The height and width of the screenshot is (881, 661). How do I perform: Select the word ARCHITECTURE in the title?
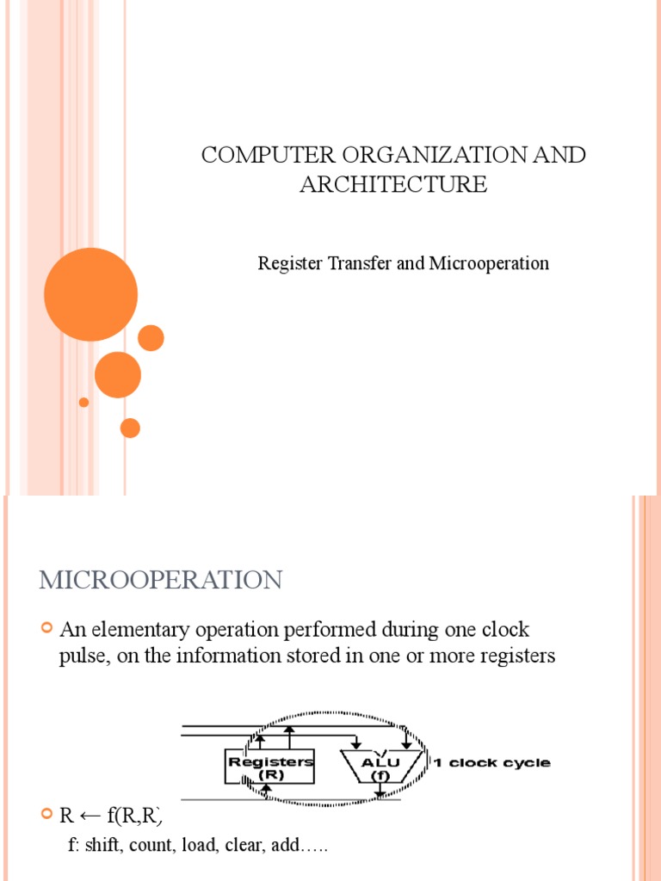click(393, 184)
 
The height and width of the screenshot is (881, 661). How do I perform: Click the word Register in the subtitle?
click(289, 263)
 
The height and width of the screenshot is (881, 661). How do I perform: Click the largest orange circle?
click(90, 294)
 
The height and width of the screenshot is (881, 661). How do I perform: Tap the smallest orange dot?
click(83, 402)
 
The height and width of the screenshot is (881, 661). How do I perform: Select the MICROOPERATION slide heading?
click(160, 580)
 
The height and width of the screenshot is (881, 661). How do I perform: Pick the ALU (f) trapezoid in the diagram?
click(380, 765)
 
